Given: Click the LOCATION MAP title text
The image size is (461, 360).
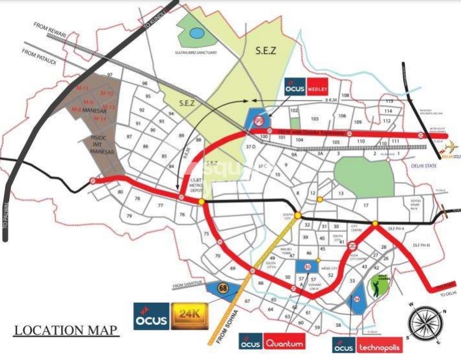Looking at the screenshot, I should coord(66,330).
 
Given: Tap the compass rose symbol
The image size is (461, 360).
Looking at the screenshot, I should coord(425,322).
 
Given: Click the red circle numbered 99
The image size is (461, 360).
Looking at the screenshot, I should coord(259,119).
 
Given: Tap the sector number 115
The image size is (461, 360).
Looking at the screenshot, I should coord(390,101).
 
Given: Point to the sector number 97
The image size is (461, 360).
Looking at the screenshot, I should coord(111,75).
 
